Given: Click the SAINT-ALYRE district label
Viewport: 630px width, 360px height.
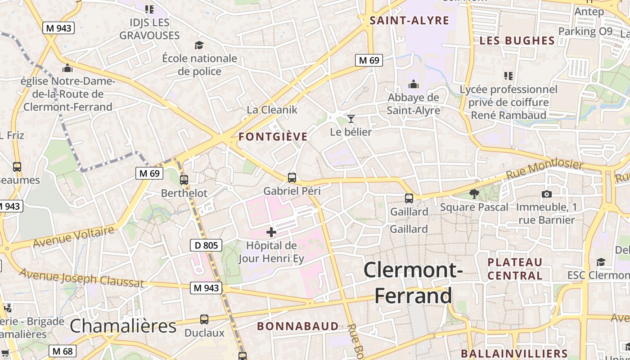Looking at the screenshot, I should tap(409, 20).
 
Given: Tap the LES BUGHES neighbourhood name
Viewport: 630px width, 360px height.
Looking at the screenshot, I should tap(517, 40).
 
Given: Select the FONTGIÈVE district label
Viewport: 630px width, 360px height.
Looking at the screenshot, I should tap(273, 137).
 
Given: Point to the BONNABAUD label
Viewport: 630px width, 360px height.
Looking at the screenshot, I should tap(297, 326).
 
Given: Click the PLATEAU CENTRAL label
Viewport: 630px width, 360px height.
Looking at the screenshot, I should tap(515, 269).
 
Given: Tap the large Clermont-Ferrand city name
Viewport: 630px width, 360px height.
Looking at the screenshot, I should tap(413, 283).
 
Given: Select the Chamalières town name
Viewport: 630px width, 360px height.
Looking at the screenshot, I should tap(123, 326).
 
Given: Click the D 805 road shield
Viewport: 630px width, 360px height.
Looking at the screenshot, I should tap(206, 245).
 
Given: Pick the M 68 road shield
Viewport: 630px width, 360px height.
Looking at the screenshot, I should tap(62, 351).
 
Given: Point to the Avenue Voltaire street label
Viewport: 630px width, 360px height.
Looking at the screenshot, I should tap(74, 237).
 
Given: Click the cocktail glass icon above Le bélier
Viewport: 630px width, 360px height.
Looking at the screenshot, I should tap(351, 119).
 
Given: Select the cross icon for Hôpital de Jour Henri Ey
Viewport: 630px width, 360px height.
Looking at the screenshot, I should tap(271, 232).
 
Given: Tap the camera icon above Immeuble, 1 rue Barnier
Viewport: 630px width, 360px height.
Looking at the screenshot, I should tap(547, 194).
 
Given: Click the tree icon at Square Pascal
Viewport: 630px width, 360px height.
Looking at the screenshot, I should tap(474, 194).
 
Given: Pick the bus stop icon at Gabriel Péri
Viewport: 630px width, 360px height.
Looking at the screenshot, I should tap(292, 178).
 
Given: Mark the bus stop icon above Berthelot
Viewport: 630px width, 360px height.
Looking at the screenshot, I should tap(184, 180).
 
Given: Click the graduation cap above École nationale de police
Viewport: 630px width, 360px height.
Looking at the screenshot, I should tap(199, 45).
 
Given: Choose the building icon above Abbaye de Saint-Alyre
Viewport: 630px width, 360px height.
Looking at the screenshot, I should tap(413, 84).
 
